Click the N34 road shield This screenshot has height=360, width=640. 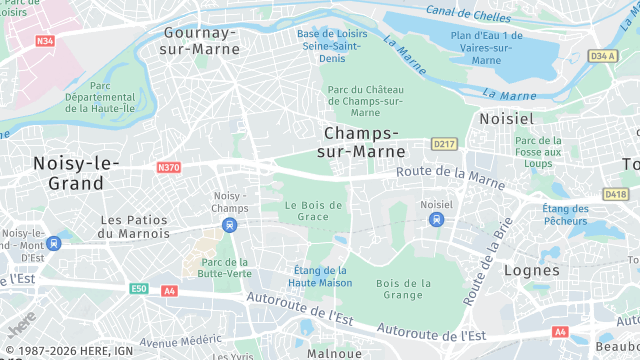pyautogui.click(x=44, y=41)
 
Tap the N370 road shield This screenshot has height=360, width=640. pyautogui.click(x=168, y=167)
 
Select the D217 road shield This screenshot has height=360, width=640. pyautogui.click(x=443, y=145)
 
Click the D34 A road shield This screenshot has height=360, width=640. pyautogui.click(x=602, y=56)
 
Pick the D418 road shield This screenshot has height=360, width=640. pyautogui.click(x=616, y=194)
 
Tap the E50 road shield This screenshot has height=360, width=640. pyautogui.click(x=138, y=289)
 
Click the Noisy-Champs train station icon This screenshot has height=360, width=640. pyautogui.click(x=230, y=225)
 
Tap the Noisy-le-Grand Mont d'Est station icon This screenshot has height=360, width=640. pyautogui.click(x=54, y=243)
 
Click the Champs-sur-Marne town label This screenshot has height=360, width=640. pyautogui.click(x=365, y=142)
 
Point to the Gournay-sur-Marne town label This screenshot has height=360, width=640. pyautogui.click(x=200, y=40)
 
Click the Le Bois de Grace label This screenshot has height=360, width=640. pyautogui.click(x=313, y=211)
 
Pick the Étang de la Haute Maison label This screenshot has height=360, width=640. pyautogui.click(x=320, y=276)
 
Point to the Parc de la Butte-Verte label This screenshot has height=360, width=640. pyautogui.click(x=217, y=267)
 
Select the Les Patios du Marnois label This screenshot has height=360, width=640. pyautogui.click(x=136, y=226)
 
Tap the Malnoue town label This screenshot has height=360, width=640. pyautogui.click(x=334, y=353)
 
